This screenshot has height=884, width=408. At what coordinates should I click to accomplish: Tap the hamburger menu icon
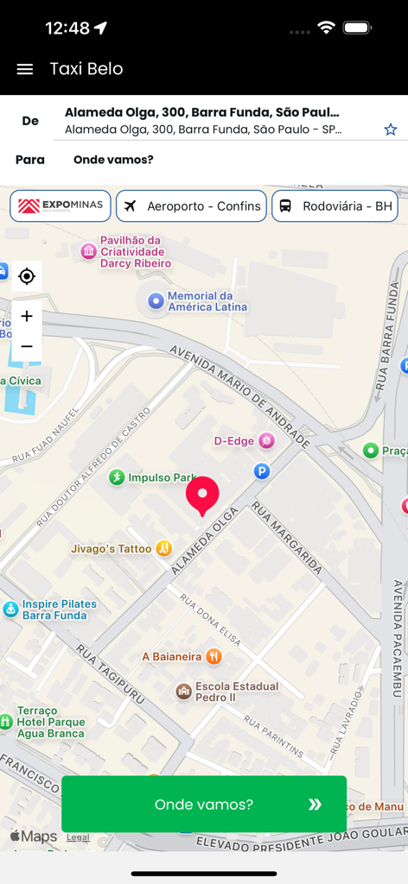[25, 69]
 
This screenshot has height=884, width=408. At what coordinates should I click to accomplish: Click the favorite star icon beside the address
[390, 129]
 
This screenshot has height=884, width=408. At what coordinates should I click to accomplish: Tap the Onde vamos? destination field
[113, 160]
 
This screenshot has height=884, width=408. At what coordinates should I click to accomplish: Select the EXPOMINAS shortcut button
[61, 206]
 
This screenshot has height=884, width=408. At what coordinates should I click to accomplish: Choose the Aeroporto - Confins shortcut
[191, 206]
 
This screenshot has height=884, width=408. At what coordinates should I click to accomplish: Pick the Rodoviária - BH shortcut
[335, 206]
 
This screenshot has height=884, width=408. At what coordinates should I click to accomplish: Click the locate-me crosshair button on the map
[27, 276]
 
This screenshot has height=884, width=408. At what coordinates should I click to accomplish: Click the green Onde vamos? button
[204, 804]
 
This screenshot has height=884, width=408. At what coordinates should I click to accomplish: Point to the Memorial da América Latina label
[207, 301]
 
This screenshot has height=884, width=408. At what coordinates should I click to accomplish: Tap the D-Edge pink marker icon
[267, 441]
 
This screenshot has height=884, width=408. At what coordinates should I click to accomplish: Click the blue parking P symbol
[262, 471]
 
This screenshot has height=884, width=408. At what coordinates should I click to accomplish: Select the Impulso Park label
[163, 477]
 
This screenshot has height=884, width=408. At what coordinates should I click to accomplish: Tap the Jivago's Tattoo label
[112, 548]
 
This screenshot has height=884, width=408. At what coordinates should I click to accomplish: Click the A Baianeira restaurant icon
[214, 656]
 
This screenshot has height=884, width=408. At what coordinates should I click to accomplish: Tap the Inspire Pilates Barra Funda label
[59, 609]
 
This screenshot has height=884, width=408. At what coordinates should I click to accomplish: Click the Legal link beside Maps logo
[78, 837]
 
